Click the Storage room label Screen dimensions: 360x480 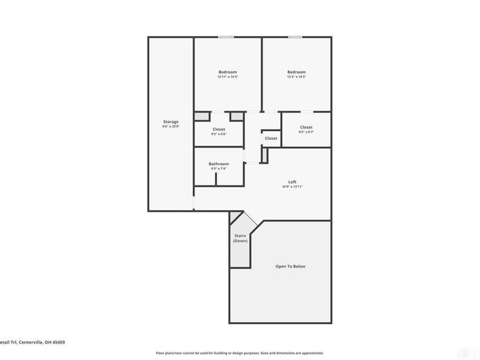pyautogui.click(x=170, y=122)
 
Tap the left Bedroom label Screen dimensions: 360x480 pyautogui.click(x=227, y=72)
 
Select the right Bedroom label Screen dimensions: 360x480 pyautogui.click(x=296, y=72)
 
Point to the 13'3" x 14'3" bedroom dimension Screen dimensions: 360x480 pyautogui.click(x=296, y=77)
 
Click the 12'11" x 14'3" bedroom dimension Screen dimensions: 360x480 pyautogui.click(x=227, y=77)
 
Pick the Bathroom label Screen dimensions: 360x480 pyautogui.click(x=218, y=164)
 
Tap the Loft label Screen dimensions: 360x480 pyautogui.click(x=292, y=182)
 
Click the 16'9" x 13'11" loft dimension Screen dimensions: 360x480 pyautogui.click(x=292, y=187)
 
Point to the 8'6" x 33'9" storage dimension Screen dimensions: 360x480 pyautogui.click(x=170, y=127)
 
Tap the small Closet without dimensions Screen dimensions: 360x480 pyautogui.click(x=271, y=139)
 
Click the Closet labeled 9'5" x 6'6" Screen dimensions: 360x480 pyautogui.click(x=218, y=130)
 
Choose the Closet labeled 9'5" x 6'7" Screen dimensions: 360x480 pyautogui.click(x=306, y=127)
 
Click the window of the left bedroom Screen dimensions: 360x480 pyautogui.click(x=226, y=37)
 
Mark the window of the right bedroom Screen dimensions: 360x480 pyautogui.click(x=295, y=37)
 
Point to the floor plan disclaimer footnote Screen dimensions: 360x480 pyautogui.click(x=239, y=353)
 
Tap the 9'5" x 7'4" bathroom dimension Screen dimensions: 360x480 pyautogui.click(x=218, y=169)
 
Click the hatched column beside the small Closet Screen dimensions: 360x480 pyautogui.click(x=263, y=154)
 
